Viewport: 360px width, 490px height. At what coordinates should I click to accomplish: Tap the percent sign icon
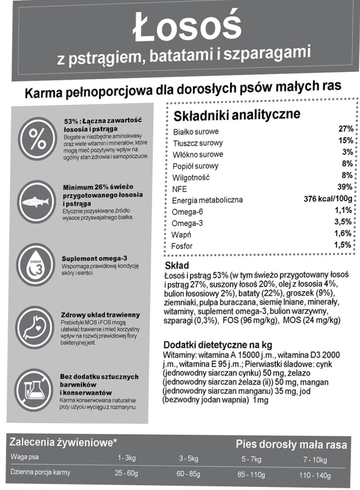pyautogui.click(x=37, y=138)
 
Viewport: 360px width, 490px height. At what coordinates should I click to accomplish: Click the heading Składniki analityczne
pyautogui.click(x=237, y=115)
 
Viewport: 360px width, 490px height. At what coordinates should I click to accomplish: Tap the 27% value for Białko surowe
pyautogui.click(x=345, y=129)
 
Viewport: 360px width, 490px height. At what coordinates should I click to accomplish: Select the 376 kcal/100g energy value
pyautogui.click(x=328, y=198)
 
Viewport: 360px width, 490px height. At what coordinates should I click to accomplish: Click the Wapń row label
pyautogui.click(x=181, y=234)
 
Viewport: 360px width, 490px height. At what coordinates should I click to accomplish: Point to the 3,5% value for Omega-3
pyautogui.click(x=343, y=222)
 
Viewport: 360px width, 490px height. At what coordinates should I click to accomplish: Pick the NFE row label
pyautogui.click(x=180, y=189)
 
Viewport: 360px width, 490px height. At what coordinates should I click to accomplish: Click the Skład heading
pyautogui.click(x=176, y=266)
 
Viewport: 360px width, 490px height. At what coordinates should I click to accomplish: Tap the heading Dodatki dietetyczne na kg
pyautogui.click(x=218, y=345)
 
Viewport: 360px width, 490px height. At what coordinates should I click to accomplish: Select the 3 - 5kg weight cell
pyautogui.click(x=189, y=459)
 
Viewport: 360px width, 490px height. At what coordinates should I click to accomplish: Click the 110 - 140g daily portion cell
pyautogui.click(x=315, y=475)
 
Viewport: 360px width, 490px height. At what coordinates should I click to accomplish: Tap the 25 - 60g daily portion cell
pyautogui.click(x=126, y=473)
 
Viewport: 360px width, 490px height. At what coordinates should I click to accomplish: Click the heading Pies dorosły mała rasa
pyautogui.click(x=291, y=444)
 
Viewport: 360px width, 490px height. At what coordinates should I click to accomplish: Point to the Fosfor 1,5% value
pyautogui.click(x=343, y=245)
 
